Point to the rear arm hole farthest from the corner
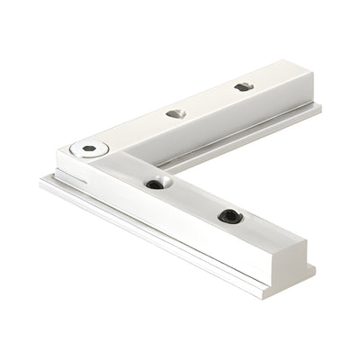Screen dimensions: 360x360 pyautogui.click(x=241, y=87)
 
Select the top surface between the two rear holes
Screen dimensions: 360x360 pyautogui.click(x=207, y=100)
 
